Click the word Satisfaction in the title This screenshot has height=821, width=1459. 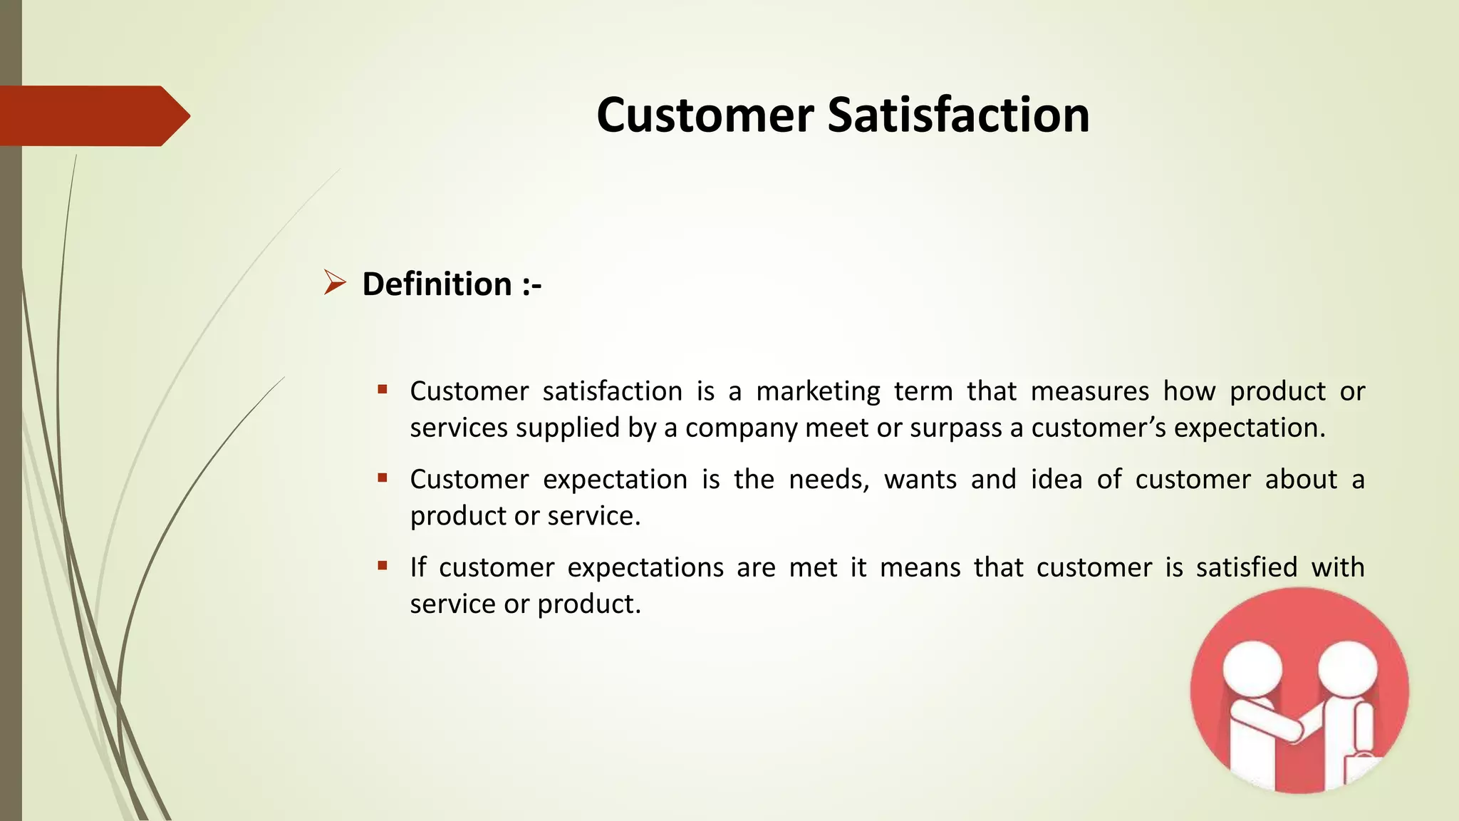[958, 115]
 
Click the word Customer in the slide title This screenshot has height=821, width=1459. [705, 115]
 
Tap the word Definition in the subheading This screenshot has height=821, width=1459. [437, 284]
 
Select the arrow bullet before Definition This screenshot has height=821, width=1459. [334, 283]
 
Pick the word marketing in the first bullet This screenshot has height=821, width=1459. [818, 392]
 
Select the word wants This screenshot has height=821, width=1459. [920, 480]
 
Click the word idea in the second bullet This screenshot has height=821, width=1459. [1056, 480]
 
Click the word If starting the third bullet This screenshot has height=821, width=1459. [417, 568]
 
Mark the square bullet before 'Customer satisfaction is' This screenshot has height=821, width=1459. [383, 389]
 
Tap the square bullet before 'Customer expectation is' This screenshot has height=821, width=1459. [383, 477]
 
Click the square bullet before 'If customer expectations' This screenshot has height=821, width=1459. [383, 566]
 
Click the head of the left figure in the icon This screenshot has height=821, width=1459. [1252, 670]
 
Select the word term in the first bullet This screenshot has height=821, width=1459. [923, 392]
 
